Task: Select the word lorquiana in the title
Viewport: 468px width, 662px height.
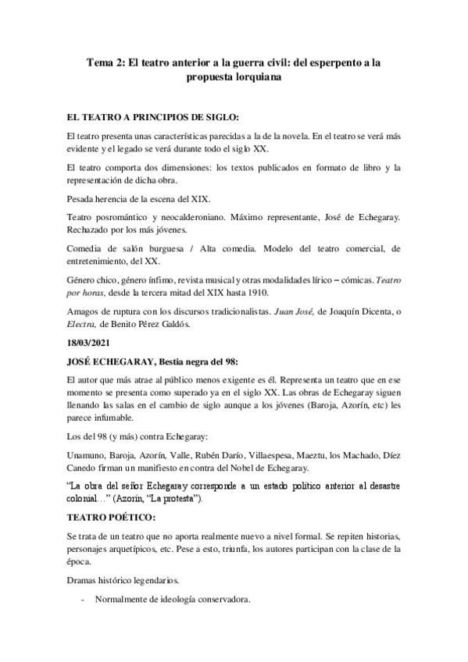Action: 252,78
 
